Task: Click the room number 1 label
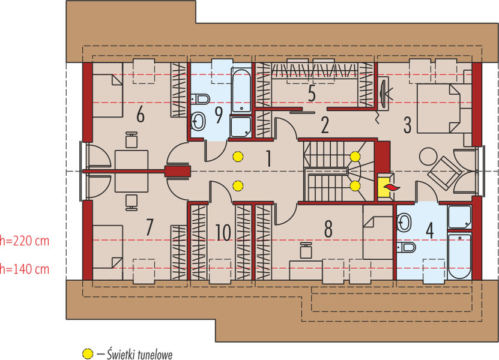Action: point(268,159)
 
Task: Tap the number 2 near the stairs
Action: point(325,125)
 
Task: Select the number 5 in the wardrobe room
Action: point(311,94)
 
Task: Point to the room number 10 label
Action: point(223,232)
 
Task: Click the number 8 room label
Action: point(328,229)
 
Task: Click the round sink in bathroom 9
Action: point(199,122)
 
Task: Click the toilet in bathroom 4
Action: point(408,247)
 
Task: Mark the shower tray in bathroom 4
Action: point(460,218)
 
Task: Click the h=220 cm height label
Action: point(24,242)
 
